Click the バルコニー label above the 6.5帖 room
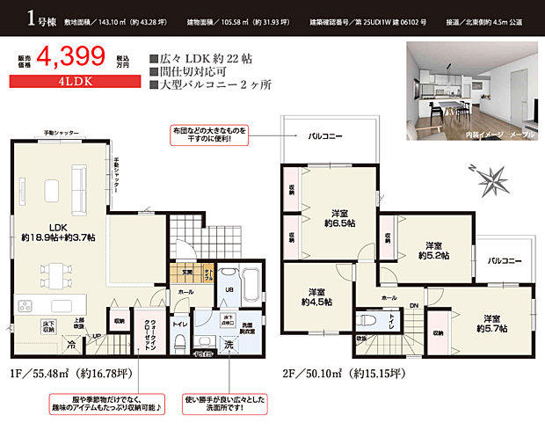(x=325, y=137)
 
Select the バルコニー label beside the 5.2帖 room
(x=505, y=261)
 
